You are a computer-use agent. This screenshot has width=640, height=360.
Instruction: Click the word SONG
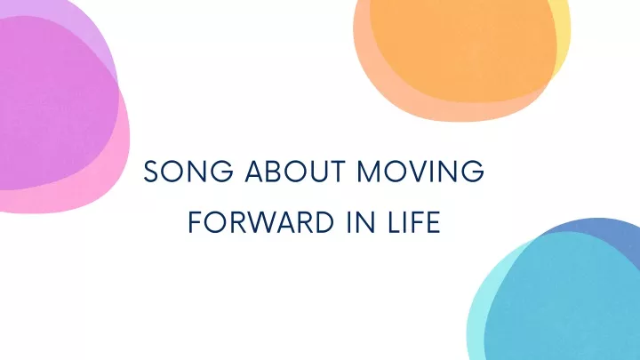coord(188,171)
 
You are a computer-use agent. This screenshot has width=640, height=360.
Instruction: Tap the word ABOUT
coord(295,171)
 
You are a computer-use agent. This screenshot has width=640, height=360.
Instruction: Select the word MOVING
coord(420,171)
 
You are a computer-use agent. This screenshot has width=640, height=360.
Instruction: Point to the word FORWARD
coord(261,222)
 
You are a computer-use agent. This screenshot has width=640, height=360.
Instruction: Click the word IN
coord(360,222)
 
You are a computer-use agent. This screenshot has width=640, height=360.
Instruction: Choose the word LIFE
coord(413,222)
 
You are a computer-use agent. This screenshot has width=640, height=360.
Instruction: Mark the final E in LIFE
coord(434,222)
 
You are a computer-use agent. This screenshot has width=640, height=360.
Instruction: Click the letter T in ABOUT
coord(338,171)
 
